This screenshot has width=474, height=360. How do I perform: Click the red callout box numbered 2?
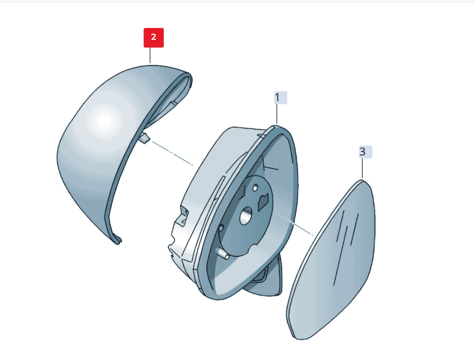153,38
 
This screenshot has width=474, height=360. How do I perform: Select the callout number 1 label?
281,98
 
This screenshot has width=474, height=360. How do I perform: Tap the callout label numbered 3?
365,152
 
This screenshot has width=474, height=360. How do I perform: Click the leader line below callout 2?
150,55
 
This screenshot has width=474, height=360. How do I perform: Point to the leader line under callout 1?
277,114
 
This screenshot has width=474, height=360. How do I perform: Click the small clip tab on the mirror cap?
144,137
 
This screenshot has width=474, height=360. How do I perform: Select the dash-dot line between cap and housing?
172,153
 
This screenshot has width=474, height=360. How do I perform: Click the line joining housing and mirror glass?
293,223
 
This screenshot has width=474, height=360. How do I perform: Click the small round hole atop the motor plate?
256,188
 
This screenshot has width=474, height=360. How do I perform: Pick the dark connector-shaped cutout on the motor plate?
263,202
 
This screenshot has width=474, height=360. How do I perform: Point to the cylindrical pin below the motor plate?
223,254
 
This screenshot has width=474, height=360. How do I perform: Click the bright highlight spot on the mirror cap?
104,121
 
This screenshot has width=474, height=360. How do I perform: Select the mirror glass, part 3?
331,260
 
